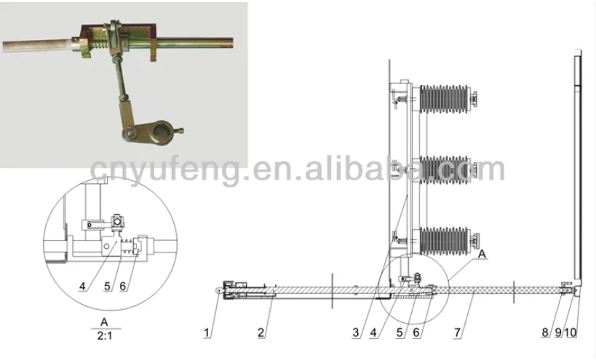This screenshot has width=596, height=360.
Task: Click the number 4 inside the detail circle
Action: (x=81, y=286)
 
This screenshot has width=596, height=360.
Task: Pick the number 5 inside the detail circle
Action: (x=107, y=286)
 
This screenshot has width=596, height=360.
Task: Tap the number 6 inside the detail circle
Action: (x=123, y=286)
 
